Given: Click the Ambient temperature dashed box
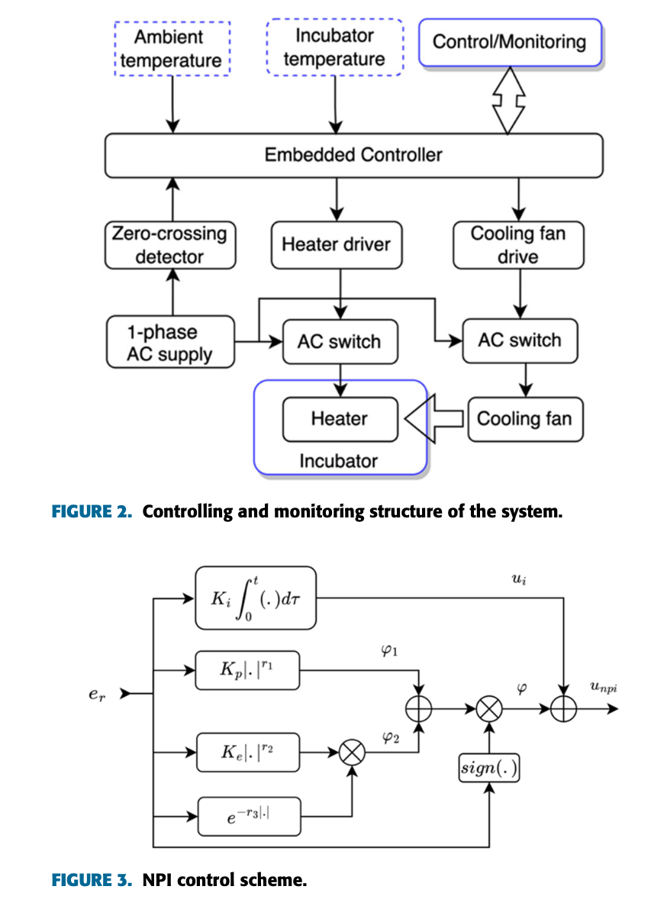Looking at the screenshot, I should tap(172, 49).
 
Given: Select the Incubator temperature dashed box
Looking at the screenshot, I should tap(334, 47).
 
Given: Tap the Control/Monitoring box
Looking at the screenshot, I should tap(509, 42).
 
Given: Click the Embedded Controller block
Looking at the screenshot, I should tap(353, 155).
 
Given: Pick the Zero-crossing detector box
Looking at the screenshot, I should tap(169, 245).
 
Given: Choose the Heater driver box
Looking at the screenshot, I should tap(336, 245).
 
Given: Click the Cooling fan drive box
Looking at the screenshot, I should tap(518, 245).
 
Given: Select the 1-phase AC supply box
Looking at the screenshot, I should tap(169, 342).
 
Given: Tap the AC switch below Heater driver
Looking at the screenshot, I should tap(339, 341).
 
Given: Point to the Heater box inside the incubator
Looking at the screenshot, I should tap(340, 419).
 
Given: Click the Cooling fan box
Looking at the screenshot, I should tap(524, 419).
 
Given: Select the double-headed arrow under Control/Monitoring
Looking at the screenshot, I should tap(509, 100).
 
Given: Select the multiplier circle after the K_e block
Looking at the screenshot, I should tap(351, 753).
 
